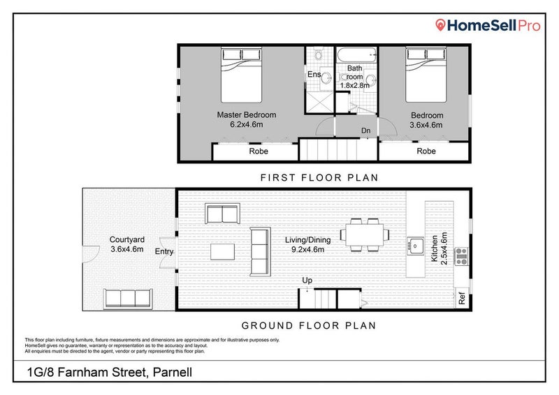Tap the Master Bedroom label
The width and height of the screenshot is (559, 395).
click(x=247, y=115)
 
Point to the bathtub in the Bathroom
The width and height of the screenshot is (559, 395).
click(x=356, y=54)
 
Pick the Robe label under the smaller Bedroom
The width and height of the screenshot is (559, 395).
click(x=426, y=151)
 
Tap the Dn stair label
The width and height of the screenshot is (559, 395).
click(x=365, y=131)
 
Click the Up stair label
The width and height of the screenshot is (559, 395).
click(x=307, y=281)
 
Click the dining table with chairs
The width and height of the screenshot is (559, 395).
click(x=363, y=234)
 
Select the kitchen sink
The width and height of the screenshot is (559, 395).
click(x=415, y=246)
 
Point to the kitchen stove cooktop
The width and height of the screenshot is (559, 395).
click(x=461, y=259)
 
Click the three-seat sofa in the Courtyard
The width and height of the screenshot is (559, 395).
click(x=128, y=298)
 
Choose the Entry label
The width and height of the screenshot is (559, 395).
click(x=164, y=252)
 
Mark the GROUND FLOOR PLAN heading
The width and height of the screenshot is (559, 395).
click(x=308, y=325)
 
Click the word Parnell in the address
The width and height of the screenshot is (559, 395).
click(x=172, y=373)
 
